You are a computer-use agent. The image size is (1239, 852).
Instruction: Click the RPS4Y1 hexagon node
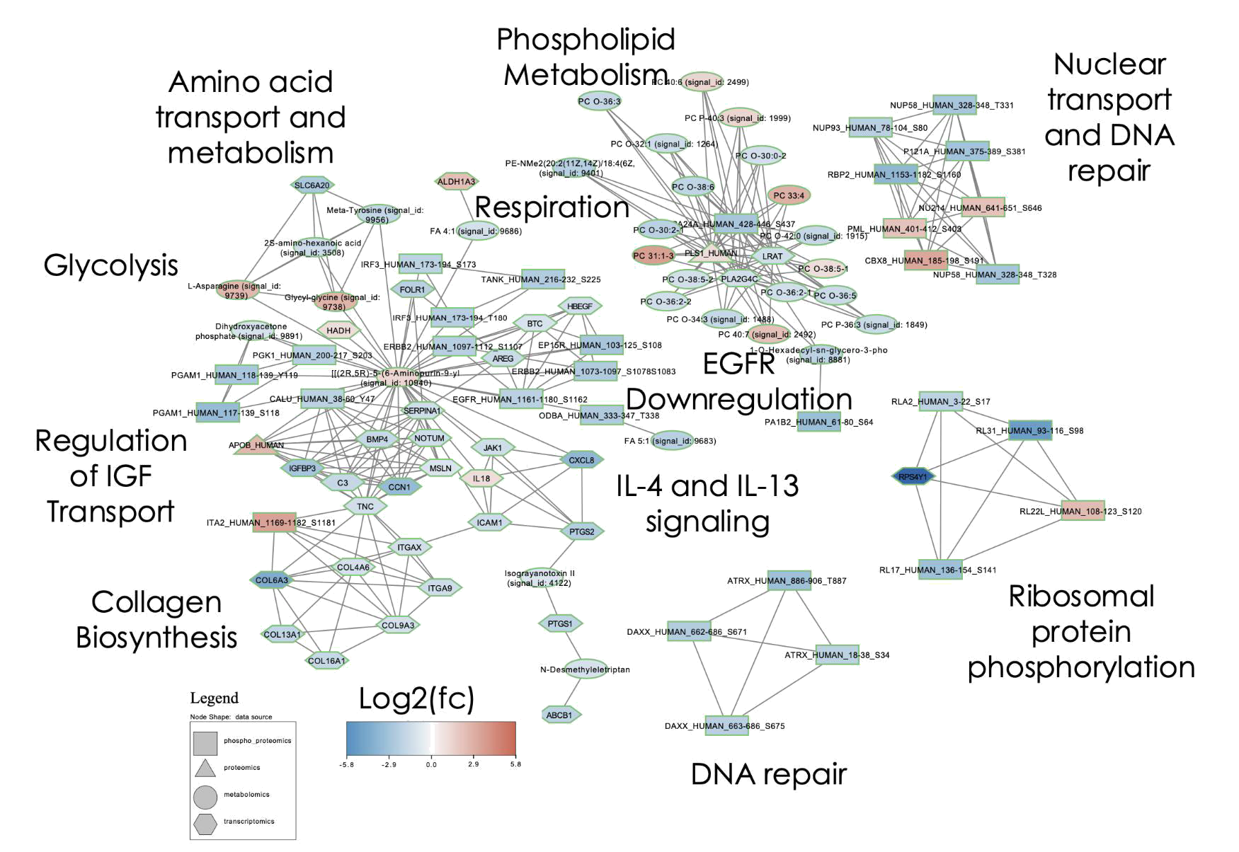[913, 477]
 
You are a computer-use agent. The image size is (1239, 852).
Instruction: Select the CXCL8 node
[582, 460]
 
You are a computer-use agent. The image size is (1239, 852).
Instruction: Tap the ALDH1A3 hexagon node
[457, 182]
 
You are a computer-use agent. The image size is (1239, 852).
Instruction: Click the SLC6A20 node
[312, 185]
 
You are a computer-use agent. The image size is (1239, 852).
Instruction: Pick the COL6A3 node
[272, 580]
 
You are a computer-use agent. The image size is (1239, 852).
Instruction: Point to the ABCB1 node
[559, 715]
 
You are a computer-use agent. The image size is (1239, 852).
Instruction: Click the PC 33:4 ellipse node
[789, 195]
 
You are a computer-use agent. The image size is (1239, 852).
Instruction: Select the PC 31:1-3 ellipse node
[653, 255]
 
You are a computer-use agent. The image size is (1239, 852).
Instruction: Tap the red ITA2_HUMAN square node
[274, 522]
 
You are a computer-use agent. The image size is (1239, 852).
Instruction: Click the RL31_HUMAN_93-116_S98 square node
[1030, 430]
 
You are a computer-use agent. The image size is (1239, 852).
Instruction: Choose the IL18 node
[481, 478]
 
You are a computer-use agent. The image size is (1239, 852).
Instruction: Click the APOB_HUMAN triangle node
[256, 445]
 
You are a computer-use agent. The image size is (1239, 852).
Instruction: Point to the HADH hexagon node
[338, 330]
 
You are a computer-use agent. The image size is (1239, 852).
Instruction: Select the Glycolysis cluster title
[111, 265]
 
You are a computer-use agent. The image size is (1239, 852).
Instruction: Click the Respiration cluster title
[552, 207]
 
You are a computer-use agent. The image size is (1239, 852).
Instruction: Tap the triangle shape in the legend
[205, 768]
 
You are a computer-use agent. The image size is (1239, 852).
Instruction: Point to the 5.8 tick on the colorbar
[515, 764]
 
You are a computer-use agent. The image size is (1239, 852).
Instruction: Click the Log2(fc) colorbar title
[416, 698]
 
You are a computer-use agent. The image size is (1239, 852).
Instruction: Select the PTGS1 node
[560, 623]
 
